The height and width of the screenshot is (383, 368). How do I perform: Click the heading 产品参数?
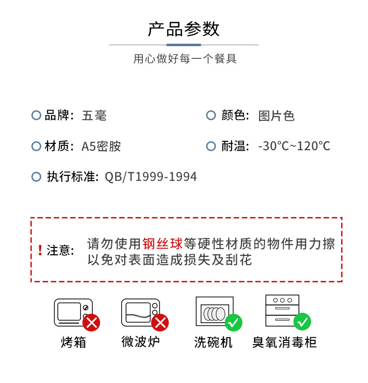click(x=184, y=29)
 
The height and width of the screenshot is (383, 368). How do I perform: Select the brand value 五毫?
click(x=94, y=116)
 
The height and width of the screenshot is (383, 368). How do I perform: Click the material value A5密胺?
click(x=101, y=146)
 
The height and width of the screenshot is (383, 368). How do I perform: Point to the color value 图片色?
click(x=276, y=116)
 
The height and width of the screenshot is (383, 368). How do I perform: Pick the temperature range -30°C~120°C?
click(x=294, y=146)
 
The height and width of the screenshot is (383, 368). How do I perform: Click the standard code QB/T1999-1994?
click(x=151, y=177)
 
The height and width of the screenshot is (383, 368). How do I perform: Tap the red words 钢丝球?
click(x=162, y=244)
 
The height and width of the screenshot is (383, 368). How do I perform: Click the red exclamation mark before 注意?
click(x=40, y=250)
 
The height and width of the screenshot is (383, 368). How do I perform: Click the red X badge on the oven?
click(x=92, y=323)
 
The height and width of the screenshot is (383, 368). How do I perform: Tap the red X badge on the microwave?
click(x=160, y=323)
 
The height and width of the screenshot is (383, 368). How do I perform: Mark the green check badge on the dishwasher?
click(x=234, y=323)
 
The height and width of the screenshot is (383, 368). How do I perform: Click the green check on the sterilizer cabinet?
click(x=302, y=322)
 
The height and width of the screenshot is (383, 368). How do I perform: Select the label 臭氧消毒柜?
click(x=284, y=342)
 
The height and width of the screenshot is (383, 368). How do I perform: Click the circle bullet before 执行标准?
click(x=36, y=177)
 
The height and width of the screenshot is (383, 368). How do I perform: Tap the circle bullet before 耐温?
click(x=211, y=146)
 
